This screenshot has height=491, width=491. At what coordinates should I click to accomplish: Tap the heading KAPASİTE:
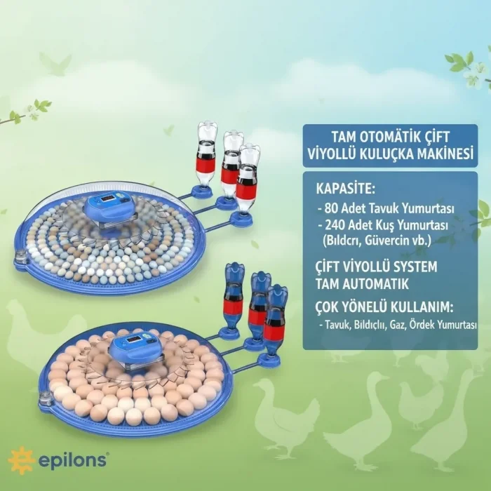coord(345,189)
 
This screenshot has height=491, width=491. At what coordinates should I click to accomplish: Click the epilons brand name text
coord(74,460)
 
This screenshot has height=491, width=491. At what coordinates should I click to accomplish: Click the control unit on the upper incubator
coord(109,208)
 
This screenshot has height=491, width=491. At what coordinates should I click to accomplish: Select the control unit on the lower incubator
coord(135,349)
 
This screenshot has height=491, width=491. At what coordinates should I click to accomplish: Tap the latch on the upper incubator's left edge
coord(20,255)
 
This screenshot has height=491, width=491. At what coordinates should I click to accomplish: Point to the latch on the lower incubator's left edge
coord(44,400)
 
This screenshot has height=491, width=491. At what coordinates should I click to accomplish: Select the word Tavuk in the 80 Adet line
coord(384,208)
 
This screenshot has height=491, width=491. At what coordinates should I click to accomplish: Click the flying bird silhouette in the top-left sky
coord(55,65)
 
